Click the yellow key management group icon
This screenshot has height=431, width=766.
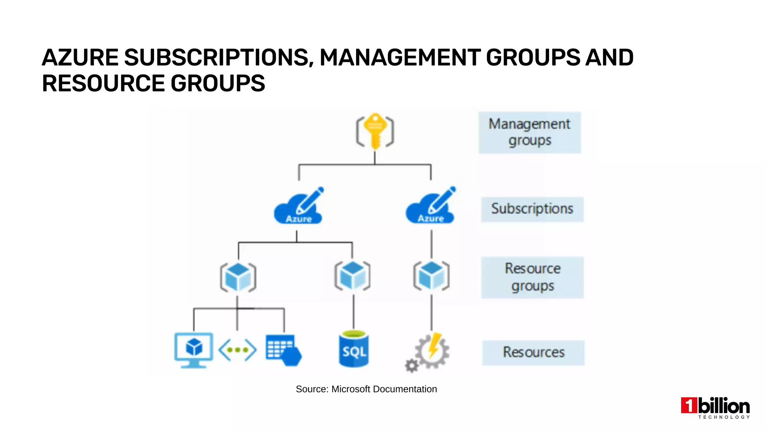pyautogui.click(x=375, y=131)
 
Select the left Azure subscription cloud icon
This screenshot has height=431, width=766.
pyautogui.click(x=298, y=207)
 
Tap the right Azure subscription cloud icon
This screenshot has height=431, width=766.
pyautogui.click(x=430, y=207)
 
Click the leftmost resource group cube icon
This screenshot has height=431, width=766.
pyautogui.click(x=238, y=277)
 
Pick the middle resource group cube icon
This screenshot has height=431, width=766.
pyautogui.click(x=352, y=276)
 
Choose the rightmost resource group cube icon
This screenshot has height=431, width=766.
pyautogui.click(x=431, y=276)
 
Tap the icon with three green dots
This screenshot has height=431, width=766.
pyautogui.click(x=238, y=350)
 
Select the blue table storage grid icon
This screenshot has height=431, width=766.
pyautogui.click(x=283, y=350)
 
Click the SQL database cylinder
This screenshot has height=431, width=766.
pyautogui.click(x=353, y=349)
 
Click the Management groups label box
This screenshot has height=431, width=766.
pyautogui.click(x=530, y=132)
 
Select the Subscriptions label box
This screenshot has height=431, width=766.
pyautogui.click(x=532, y=209)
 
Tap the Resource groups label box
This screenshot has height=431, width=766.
pyautogui.click(x=532, y=277)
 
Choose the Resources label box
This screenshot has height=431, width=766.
pyautogui.click(x=533, y=352)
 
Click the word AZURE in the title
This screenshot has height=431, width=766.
pyautogui.click(x=80, y=58)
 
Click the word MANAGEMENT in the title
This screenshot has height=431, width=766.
pyautogui.click(x=400, y=58)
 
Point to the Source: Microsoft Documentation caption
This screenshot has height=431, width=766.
pyautogui.click(x=366, y=389)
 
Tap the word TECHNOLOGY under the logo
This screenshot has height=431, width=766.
pyautogui.click(x=724, y=417)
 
